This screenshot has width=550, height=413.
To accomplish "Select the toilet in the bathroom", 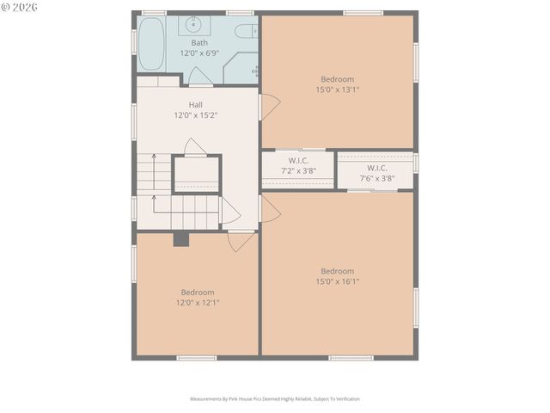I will point(246,32).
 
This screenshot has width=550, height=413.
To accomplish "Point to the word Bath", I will point(199,42).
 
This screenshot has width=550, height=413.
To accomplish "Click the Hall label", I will point(196,104).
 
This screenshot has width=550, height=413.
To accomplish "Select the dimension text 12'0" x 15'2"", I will point(196,114).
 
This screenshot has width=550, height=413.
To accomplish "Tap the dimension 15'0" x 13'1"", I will point(337,89).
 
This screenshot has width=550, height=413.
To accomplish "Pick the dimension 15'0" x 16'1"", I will point(337,281).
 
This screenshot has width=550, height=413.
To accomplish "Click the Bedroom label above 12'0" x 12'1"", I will point(197,292).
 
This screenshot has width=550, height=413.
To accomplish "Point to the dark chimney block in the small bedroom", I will point(180,239).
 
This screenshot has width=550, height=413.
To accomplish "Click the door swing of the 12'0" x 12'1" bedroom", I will point(239,241).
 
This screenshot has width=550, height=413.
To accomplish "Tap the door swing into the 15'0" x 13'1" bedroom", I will point(269,108).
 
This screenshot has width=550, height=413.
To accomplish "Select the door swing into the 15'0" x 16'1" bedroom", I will point(269,209).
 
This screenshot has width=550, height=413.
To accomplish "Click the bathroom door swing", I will point(200,77).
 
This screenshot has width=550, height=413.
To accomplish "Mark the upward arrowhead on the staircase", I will point(154,157).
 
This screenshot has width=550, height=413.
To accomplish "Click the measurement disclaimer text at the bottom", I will point(275,399).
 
